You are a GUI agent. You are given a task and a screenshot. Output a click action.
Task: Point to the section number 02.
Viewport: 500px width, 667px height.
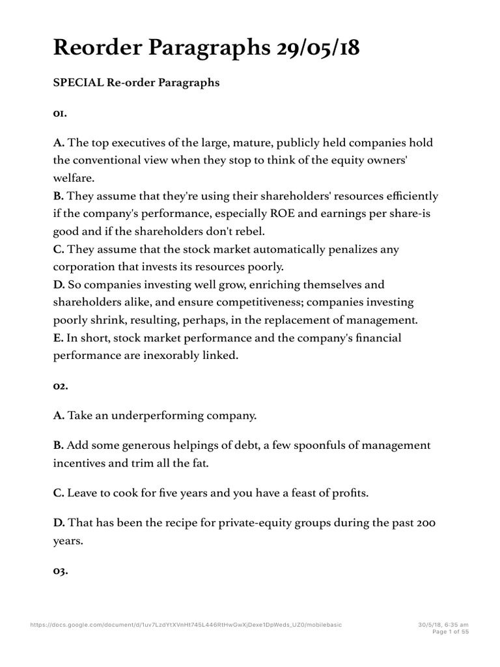(61, 386)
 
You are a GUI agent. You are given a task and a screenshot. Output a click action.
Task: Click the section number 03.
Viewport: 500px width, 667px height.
(61, 571)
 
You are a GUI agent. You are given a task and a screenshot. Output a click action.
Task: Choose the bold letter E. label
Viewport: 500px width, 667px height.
(58, 338)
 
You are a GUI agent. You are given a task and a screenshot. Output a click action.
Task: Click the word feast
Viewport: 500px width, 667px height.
(308, 493)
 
